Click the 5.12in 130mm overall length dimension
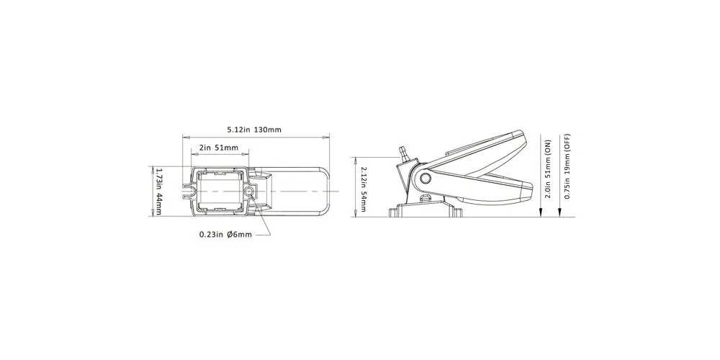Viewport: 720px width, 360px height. tap(254, 130)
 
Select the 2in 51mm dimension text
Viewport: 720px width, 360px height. tap(219, 148)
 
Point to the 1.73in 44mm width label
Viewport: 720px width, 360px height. tap(159, 191)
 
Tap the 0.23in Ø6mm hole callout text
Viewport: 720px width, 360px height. tap(225, 235)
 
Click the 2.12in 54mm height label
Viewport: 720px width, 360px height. tap(364, 189)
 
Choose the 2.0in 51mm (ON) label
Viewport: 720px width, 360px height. tap(547, 169)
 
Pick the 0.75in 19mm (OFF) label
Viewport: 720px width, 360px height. tap(567, 166)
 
